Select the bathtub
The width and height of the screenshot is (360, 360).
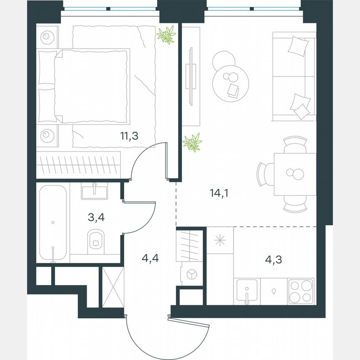[52, 223]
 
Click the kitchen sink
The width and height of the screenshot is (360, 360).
[247, 290]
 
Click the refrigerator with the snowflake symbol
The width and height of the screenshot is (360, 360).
[220, 240]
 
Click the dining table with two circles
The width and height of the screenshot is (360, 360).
[295, 174]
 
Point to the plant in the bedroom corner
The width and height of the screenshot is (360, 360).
[167, 35]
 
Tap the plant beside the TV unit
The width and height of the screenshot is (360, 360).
[192, 142]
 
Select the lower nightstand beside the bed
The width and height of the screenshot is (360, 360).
[47, 135]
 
